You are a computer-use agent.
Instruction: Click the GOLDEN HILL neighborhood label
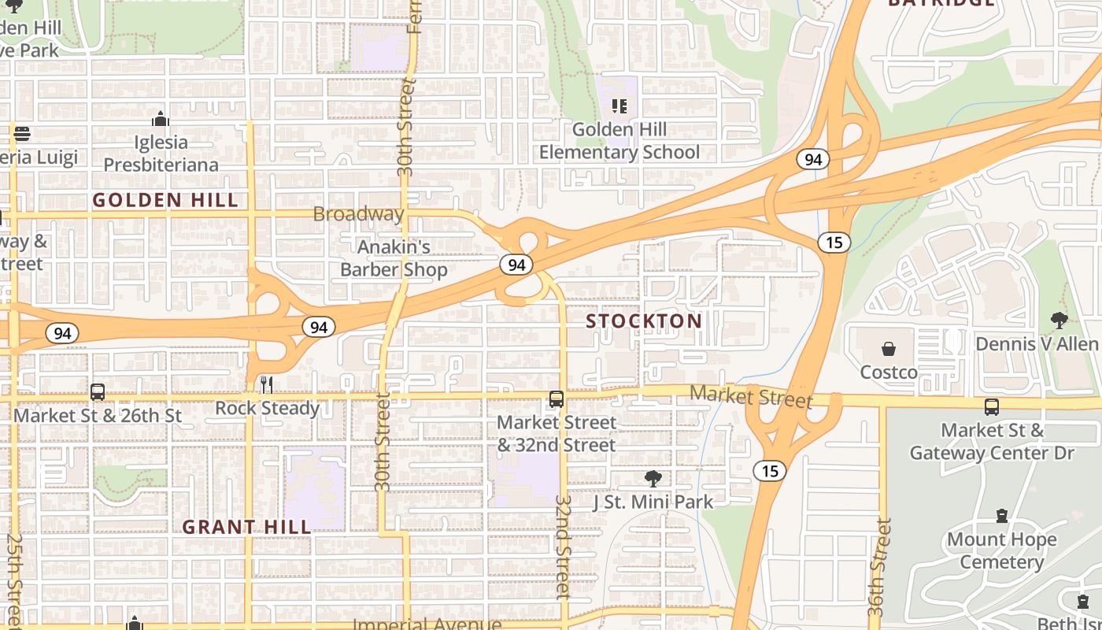(x=165, y=200)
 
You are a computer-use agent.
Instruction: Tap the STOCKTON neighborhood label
(x=644, y=321)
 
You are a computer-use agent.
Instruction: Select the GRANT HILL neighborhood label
(x=246, y=527)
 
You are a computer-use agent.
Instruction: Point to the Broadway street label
(x=358, y=213)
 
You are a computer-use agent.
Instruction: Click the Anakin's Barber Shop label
(x=394, y=258)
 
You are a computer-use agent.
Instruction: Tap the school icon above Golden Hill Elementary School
(x=619, y=106)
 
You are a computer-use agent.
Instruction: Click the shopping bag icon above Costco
(x=889, y=349)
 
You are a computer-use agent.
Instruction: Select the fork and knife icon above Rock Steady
(x=267, y=384)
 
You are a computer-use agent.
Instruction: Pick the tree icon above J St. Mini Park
(x=653, y=478)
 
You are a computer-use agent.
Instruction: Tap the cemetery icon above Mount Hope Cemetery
(x=1001, y=516)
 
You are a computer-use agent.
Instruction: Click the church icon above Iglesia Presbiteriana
(x=161, y=119)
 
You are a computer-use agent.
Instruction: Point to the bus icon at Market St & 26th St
(x=98, y=391)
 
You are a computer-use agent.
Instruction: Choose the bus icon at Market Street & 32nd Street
(x=557, y=399)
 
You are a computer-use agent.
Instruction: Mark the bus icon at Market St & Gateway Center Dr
(x=992, y=407)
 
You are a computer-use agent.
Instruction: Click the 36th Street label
(x=881, y=567)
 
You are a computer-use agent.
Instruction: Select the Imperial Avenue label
(x=427, y=624)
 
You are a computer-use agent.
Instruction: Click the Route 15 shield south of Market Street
(x=769, y=471)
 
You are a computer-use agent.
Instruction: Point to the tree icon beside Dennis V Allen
(x=1059, y=320)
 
